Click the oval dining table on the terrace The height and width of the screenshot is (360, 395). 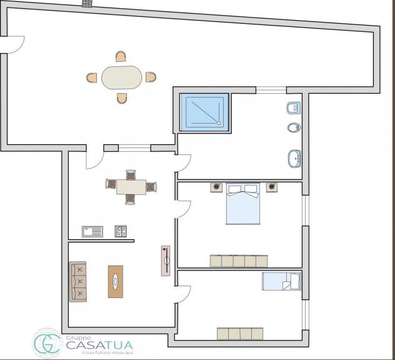pyautogui.click(x=122, y=77)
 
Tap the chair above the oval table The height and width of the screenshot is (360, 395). pyautogui.click(x=121, y=56)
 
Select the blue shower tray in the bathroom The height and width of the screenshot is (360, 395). pyautogui.click(x=204, y=112)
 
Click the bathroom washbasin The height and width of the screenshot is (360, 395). pyautogui.click(x=294, y=158)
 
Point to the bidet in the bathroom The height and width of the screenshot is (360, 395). pyautogui.click(x=294, y=127)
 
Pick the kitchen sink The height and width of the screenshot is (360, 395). pyautogui.click(x=92, y=231)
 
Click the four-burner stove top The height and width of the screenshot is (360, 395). pyautogui.click(x=121, y=231)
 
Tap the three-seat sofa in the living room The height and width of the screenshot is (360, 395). pyautogui.click(x=78, y=281)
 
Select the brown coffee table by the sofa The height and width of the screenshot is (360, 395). pyautogui.click(x=116, y=282)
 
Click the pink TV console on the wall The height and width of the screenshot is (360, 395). pyautogui.click(x=166, y=261)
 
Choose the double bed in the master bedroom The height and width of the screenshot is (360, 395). pyautogui.click(x=243, y=203)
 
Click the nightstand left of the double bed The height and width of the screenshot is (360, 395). pyautogui.click(x=216, y=187)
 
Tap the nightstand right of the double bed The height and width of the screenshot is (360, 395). pyautogui.click(x=272, y=187)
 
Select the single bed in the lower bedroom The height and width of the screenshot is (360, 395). pyautogui.click(x=282, y=281)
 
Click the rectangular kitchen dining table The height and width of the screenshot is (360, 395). pyautogui.click(x=131, y=187)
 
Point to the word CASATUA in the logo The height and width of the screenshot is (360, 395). pyautogui.click(x=99, y=345)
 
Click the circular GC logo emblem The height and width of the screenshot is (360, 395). pyautogui.click(x=47, y=343)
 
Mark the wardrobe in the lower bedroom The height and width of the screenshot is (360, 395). pyautogui.click(x=240, y=334)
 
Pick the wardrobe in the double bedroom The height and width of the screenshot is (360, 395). pyautogui.click(x=239, y=261)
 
